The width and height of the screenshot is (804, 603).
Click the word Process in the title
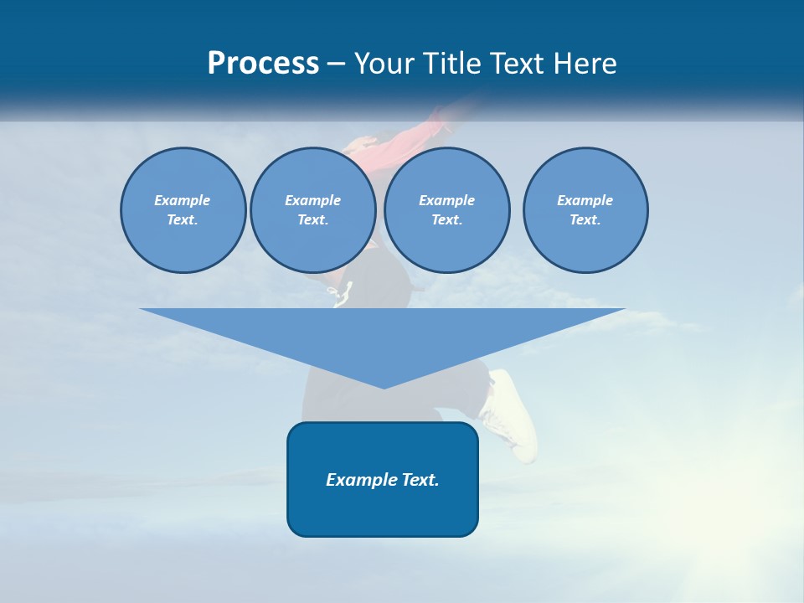(x=263, y=64)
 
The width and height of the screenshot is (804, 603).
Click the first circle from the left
(x=183, y=210)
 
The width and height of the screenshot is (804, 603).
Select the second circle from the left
(x=313, y=210)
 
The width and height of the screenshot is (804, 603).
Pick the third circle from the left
(x=447, y=210)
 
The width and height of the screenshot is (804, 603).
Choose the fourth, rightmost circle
(x=585, y=210)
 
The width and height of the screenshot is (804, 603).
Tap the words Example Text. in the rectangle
(x=383, y=480)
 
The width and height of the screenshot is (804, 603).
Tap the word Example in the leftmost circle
(x=183, y=200)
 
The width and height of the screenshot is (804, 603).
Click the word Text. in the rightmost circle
(x=585, y=220)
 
